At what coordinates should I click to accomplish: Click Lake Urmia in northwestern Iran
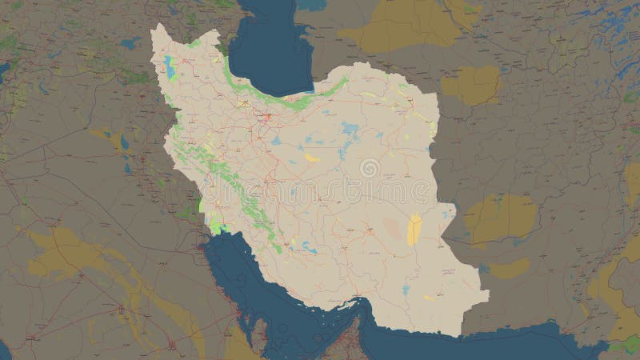[169, 67]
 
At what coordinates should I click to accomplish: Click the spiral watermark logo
[370, 168]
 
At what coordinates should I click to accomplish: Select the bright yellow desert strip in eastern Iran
[414, 229]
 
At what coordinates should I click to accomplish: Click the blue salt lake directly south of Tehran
[275, 139]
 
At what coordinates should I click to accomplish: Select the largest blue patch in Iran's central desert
[350, 128]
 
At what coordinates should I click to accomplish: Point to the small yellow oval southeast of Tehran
[312, 158]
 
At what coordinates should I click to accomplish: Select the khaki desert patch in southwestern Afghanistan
[500, 216]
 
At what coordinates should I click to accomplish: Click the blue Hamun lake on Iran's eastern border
[453, 210]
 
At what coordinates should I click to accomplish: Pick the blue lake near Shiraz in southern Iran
[309, 250]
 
